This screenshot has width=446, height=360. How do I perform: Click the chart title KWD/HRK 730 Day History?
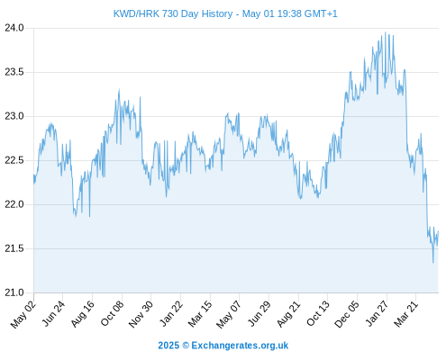click(173, 13)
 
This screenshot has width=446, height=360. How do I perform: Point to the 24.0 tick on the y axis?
click(14, 28)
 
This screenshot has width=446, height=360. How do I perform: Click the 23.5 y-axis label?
click(14, 72)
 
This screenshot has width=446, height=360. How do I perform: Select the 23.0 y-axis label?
click(14, 116)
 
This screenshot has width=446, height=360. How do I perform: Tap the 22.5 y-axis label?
click(14, 160)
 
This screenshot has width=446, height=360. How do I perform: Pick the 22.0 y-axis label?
click(14, 204)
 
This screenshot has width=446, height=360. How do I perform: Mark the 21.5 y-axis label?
click(14, 248)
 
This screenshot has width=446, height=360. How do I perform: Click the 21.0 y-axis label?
click(14, 292)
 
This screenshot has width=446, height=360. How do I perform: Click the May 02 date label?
click(23, 314)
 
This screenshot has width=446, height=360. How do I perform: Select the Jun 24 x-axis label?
click(53, 313)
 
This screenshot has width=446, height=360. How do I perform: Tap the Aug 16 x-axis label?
click(82, 314)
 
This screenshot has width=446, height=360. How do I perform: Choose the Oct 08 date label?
click(112, 313)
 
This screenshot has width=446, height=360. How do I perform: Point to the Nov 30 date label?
click(141, 314)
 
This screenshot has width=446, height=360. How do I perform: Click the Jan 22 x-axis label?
click(171, 313)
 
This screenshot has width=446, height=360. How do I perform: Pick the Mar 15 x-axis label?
click(200, 314)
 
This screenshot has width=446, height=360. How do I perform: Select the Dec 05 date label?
click(346, 314)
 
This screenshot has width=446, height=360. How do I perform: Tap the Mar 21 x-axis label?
click(405, 314)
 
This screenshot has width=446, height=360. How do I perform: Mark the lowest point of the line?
click(433, 263)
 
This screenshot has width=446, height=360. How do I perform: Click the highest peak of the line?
click(386, 32)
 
